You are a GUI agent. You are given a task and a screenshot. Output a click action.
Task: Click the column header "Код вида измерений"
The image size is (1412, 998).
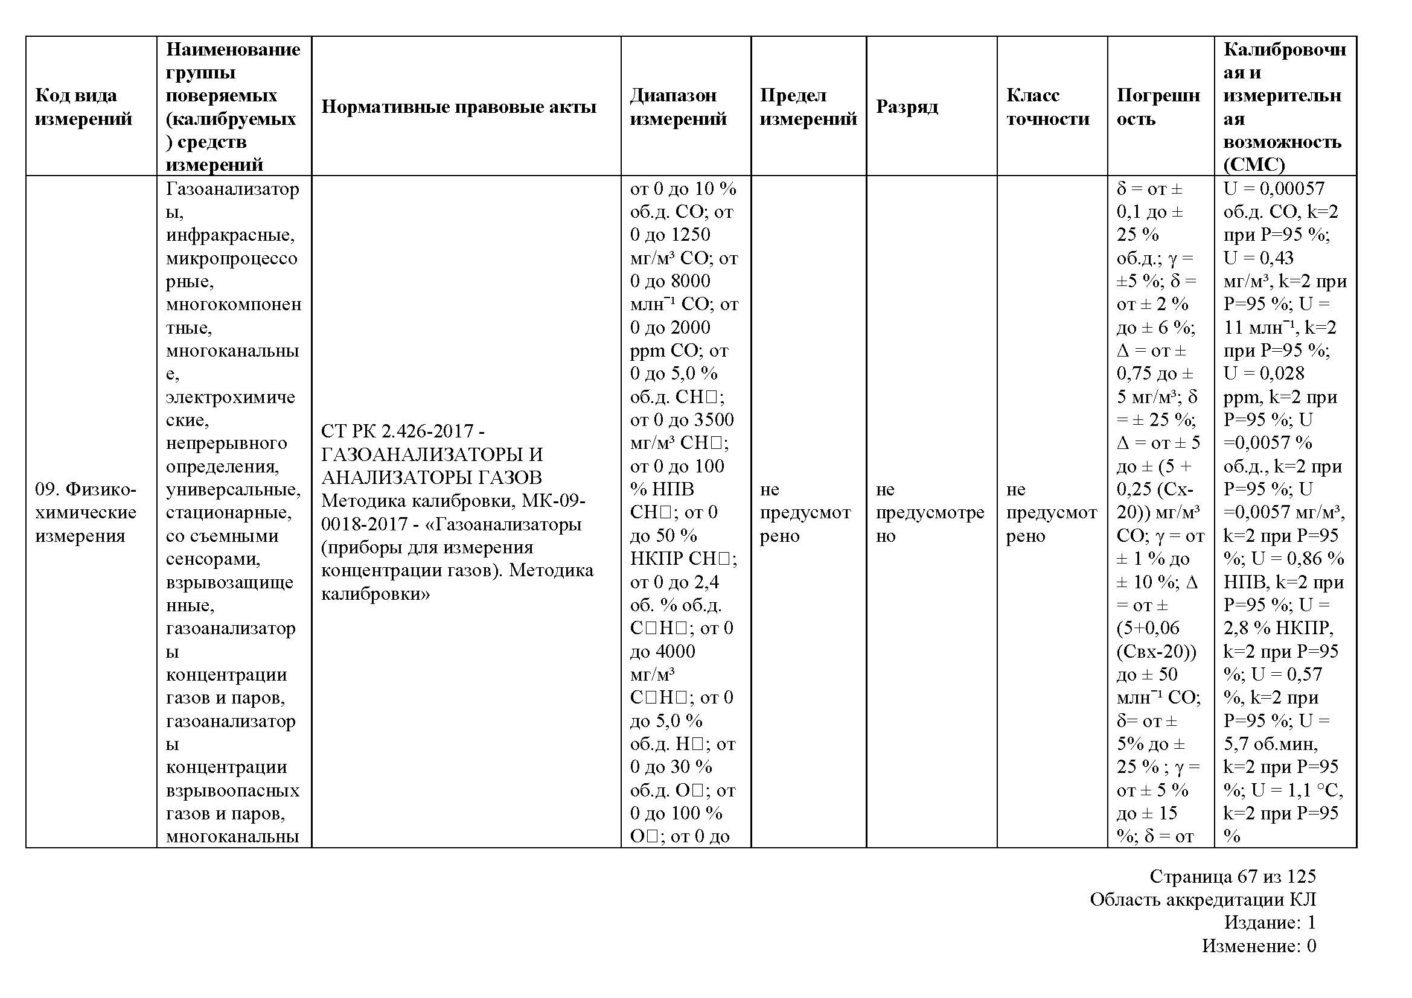(x=84, y=107)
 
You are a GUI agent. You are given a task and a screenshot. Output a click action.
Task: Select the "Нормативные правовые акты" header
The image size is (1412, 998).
(x=459, y=107)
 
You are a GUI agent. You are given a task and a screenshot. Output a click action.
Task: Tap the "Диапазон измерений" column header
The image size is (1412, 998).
(x=679, y=107)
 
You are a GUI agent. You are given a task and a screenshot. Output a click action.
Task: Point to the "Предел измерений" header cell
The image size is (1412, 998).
(x=808, y=107)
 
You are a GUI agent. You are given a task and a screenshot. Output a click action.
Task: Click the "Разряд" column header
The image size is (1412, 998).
(x=907, y=107)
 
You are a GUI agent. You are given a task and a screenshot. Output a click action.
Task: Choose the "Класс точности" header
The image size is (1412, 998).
(x=1047, y=107)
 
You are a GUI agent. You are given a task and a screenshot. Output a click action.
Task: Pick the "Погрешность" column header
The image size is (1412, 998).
(x=1158, y=107)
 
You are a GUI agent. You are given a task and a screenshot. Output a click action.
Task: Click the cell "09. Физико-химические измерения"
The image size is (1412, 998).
(x=86, y=512)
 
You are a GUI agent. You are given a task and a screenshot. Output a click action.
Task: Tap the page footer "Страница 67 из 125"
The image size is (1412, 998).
(x=1233, y=876)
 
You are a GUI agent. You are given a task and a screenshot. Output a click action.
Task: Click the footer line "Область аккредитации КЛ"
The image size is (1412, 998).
(x=1203, y=900)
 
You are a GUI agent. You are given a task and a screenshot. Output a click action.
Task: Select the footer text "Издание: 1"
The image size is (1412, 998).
(x=1270, y=923)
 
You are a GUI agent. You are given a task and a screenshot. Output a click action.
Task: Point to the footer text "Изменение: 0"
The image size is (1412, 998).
(x=1259, y=946)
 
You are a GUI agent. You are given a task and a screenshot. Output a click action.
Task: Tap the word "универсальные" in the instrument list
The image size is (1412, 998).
(x=233, y=490)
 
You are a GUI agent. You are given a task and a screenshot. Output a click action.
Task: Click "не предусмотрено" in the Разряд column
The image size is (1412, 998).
(x=930, y=512)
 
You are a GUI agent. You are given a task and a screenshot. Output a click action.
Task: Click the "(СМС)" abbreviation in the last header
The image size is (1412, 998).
(x=1254, y=165)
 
